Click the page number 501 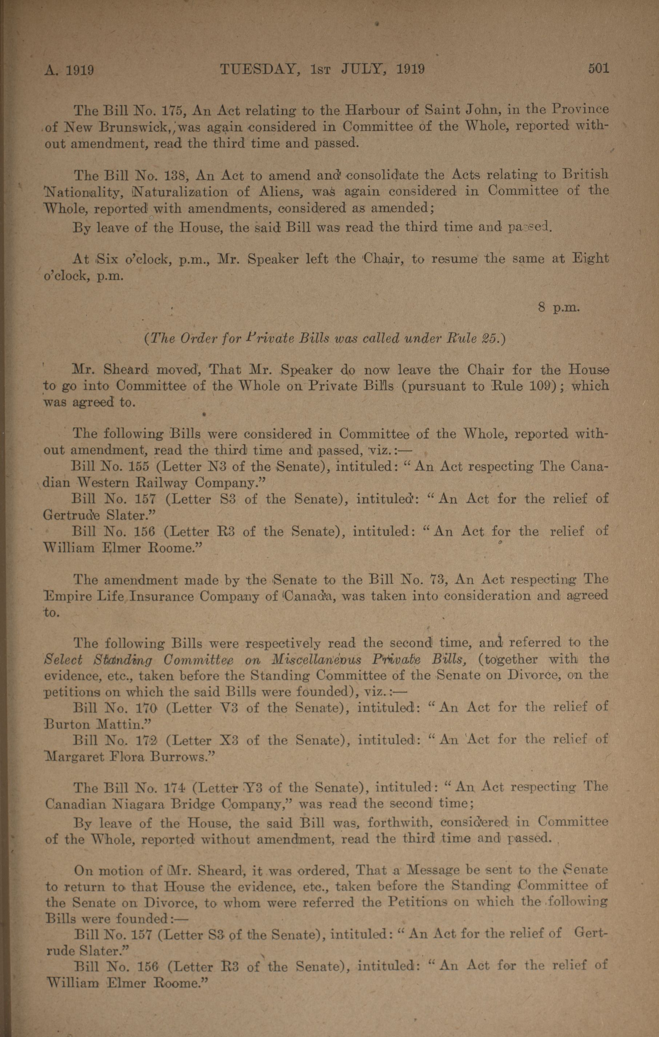pyautogui.click(x=598, y=68)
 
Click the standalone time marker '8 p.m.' pyautogui.click(x=559, y=307)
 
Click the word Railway pyautogui.click(x=163, y=482)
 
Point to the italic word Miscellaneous pyautogui.click(x=317, y=660)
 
